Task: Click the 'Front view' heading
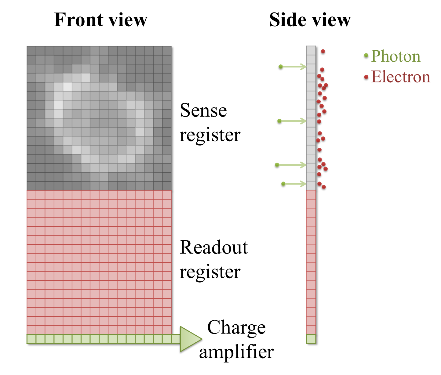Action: (100, 20)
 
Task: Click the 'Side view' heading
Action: (310, 20)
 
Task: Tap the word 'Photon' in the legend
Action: (395, 56)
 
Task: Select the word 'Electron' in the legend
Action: (401, 77)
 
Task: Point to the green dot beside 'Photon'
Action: (366, 56)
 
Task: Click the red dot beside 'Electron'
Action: (366, 77)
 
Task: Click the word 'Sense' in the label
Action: (203, 110)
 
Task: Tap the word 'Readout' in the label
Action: (213, 247)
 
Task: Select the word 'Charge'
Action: (236, 328)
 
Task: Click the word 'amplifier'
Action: (236, 352)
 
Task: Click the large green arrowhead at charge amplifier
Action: (190, 339)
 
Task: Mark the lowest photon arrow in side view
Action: (295, 184)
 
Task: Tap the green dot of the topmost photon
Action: (281, 67)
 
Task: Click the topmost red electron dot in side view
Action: (323, 52)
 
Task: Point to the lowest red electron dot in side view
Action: (324, 187)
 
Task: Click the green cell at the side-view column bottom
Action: (311, 339)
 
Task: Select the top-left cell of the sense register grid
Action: (31, 51)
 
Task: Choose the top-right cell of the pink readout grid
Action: (167, 195)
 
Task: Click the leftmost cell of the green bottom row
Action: (31, 339)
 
